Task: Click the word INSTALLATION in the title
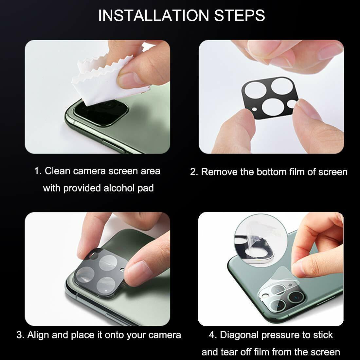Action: (x=153, y=15)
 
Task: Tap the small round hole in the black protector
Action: (x=291, y=104)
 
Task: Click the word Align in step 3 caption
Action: (x=38, y=335)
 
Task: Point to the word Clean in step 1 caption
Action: (x=58, y=171)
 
